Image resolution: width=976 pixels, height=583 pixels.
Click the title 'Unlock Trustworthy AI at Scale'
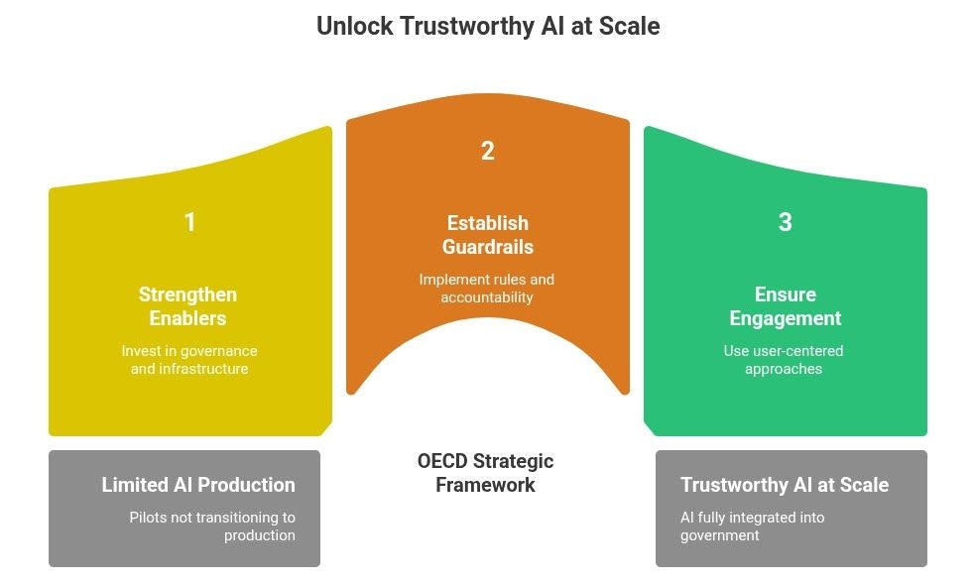pos(487,26)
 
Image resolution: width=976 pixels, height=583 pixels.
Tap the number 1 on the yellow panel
pos(189,222)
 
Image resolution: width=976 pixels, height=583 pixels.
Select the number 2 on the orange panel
pos(487,151)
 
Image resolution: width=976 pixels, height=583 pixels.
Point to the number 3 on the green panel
pos(785,222)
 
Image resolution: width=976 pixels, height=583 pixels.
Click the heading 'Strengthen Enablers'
pos(187,306)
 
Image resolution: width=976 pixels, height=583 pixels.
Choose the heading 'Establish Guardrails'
pos(487,235)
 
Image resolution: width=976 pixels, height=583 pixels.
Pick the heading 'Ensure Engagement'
pos(785,306)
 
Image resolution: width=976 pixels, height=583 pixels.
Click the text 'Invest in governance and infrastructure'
pos(189,360)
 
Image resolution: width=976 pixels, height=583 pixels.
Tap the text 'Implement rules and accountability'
pos(487,289)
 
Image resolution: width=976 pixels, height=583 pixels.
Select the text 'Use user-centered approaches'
pos(785,360)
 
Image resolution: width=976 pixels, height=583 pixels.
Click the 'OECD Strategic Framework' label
pos(485,473)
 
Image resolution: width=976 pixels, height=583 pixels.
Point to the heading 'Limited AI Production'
pos(198,485)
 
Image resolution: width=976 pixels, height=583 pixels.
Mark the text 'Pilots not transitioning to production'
pos(212,526)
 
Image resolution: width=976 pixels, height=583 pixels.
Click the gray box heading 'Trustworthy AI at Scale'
pos(785,485)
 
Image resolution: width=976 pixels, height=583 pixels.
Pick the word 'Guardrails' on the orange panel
pos(487,247)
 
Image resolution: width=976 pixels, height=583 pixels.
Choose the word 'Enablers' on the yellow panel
pos(187,318)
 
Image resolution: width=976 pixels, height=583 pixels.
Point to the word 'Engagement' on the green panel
pos(785,318)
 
